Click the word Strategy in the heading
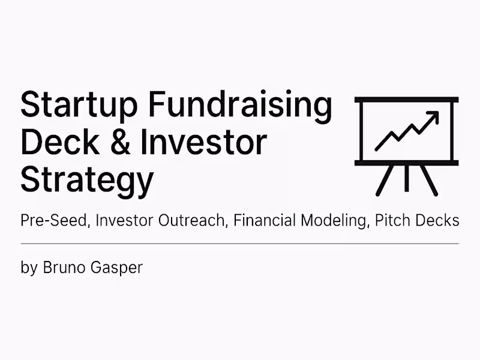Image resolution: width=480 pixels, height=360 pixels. (86, 179)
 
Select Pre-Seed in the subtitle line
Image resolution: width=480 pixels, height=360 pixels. (55, 220)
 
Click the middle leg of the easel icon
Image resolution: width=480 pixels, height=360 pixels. (407, 179)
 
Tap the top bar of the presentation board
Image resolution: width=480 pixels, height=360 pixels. (407, 99)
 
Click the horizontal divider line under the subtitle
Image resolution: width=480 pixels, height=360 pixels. (240, 244)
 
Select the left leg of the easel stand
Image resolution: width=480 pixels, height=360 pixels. (385, 180)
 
